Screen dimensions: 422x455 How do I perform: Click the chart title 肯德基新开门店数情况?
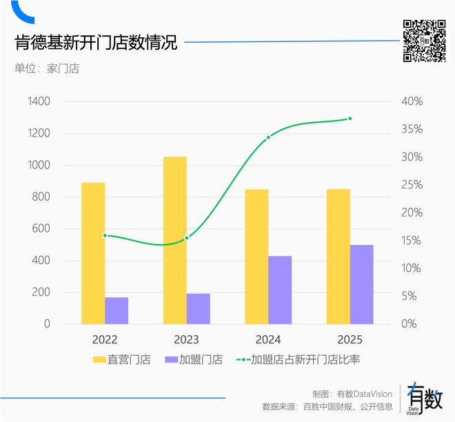(97, 43)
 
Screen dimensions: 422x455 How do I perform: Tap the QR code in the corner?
(424, 41)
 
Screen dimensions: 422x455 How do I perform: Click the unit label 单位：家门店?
(47, 68)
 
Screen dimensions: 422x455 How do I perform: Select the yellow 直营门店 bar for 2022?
(93, 253)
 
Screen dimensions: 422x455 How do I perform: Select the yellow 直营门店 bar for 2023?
(174, 240)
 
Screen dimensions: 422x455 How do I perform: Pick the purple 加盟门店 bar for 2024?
(280, 290)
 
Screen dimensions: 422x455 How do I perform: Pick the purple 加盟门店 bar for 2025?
(361, 284)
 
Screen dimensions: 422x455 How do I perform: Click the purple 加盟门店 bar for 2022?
(117, 310)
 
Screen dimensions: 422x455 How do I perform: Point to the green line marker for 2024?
(268, 137)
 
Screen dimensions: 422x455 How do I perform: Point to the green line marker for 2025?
(350, 119)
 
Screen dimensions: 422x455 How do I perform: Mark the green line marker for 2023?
(186, 238)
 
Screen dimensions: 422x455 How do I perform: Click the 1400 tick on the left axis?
(39, 102)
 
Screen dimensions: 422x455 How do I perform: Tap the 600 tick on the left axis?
(42, 229)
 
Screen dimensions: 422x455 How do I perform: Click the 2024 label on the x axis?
(268, 340)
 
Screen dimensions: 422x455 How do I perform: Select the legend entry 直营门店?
(125, 359)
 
